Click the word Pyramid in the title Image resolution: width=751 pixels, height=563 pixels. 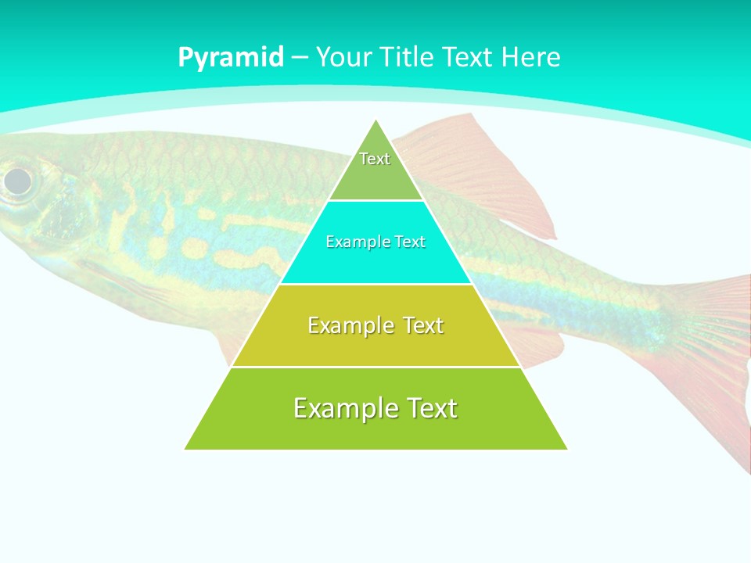(231, 57)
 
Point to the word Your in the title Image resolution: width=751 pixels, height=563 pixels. (345, 57)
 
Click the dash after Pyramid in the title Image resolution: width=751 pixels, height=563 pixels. (300, 58)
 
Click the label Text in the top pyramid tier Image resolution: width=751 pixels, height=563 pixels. (375, 159)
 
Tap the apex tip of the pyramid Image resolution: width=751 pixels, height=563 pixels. (376, 121)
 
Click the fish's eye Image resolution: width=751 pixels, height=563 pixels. (17, 181)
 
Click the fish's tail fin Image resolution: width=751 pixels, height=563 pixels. (704, 352)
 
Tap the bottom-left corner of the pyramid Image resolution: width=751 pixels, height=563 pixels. (186, 448)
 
